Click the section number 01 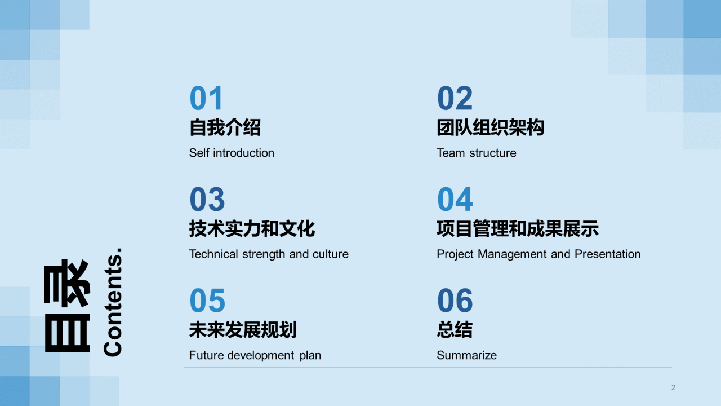(x=207, y=98)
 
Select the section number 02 (x=455, y=98)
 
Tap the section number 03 (x=207, y=200)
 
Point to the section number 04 (x=455, y=200)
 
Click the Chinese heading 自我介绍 (x=225, y=127)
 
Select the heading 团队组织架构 (x=490, y=127)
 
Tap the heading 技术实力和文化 (x=252, y=228)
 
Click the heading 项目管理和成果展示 (x=517, y=228)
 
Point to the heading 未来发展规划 (x=243, y=329)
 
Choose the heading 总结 (x=455, y=329)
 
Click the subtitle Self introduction (x=232, y=153)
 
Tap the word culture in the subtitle (x=331, y=254)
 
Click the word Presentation (x=607, y=254)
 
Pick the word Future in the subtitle (x=206, y=355)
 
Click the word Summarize (x=466, y=355)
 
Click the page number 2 (x=673, y=387)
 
